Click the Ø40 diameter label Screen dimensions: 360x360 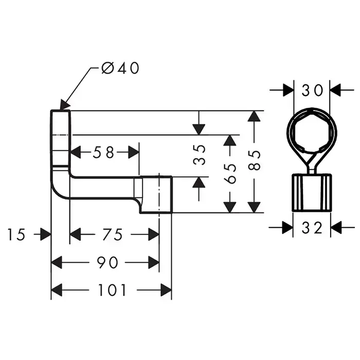point(120,68)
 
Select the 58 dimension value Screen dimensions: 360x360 point(104,152)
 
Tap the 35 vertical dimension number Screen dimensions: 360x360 point(201,154)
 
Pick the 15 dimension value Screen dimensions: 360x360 point(16,235)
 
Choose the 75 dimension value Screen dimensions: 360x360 point(113,235)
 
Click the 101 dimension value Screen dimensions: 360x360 point(112,291)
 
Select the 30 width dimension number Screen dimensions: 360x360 point(312,90)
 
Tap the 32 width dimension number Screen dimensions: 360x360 point(312,227)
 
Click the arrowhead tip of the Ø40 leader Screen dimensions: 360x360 point(62,107)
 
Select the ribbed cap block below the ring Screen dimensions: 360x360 point(312,192)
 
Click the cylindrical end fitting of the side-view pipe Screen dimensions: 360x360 point(156,194)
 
